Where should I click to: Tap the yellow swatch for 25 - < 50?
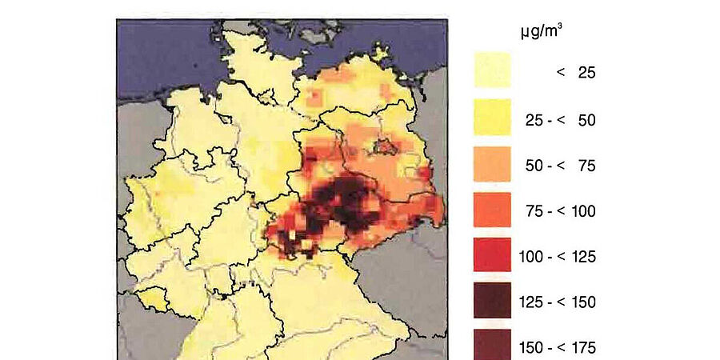click(492, 118)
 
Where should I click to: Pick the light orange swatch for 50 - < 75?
click(492, 164)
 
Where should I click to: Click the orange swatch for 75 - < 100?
click(492, 210)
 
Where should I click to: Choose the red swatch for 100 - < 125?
click(492, 256)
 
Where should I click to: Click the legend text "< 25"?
click(576, 73)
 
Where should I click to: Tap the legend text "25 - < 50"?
click(560, 119)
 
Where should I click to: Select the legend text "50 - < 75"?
click(560, 166)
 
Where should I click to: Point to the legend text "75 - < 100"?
click(560, 211)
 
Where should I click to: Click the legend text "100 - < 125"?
click(560, 257)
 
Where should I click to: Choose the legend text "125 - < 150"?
click(560, 302)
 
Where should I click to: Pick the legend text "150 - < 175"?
click(560, 347)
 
